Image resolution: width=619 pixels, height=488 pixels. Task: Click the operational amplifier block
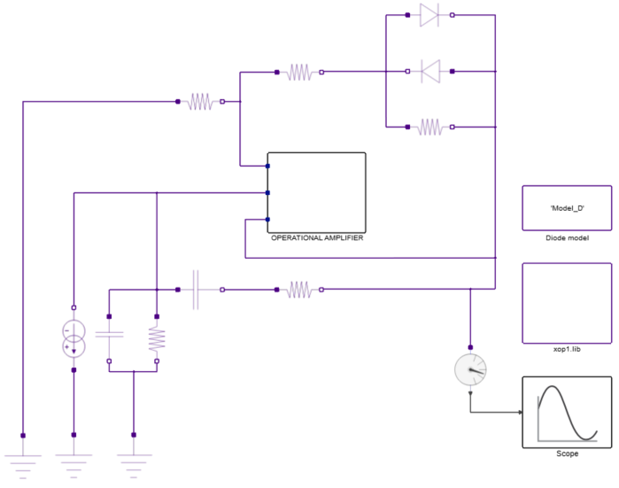coord(316,190)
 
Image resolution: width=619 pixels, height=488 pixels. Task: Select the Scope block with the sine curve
coord(566,412)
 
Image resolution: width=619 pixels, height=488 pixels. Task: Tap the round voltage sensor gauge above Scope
coord(470,370)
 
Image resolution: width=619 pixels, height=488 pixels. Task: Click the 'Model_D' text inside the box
coord(567,208)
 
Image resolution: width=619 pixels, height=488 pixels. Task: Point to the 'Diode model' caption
coord(567,238)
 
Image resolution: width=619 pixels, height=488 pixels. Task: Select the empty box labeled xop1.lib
coord(567,303)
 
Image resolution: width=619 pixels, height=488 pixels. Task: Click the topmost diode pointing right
coord(429,15)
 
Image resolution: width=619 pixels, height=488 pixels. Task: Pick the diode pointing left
coord(429,71)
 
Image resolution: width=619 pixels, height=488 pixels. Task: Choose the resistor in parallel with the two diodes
coord(429,128)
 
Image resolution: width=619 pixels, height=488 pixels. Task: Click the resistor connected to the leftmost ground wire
coord(200,102)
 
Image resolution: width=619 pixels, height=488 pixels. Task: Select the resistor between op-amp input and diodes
coord(299,73)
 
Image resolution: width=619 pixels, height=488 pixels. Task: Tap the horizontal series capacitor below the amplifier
coord(197,290)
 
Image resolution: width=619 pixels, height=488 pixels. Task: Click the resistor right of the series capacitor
coord(298,290)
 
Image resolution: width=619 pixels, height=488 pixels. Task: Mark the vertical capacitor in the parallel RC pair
coord(109,337)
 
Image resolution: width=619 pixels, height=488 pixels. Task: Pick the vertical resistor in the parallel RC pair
coord(156,337)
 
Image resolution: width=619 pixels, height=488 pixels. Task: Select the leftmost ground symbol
coord(23,461)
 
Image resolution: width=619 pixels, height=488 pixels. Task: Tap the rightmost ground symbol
coord(134,461)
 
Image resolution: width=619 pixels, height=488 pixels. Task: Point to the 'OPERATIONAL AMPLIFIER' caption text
coord(317,238)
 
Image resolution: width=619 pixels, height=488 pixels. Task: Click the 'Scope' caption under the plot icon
coord(567,453)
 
